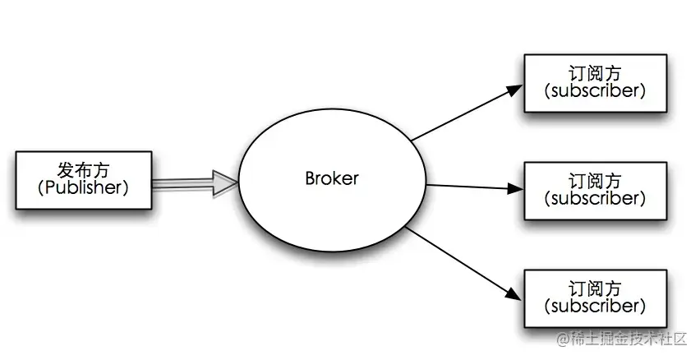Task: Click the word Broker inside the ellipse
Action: pyautogui.click(x=332, y=178)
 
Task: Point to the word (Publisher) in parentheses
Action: pyautogui.click(x=84, y=187)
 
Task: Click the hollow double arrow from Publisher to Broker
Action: pyautogui.click(x=185, y=182)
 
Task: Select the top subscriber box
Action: pyautogui.click(x=594, y=82)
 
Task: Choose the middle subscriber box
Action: pyautogui.click(x=594, y=190)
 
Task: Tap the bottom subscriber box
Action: pyautogui.click(x=594, y=298)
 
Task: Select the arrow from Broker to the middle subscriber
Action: pyautogui.click(x=472, y=187)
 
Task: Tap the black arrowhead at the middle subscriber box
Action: pyautogui.click(x=515, y=189)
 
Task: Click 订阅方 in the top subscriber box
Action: pyautogui.click(x=594, y=73)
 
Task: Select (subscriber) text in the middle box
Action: pyautogui.click(x=594, y=199)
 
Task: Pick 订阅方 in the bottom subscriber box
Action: pyautogui.click(x=594, y=288)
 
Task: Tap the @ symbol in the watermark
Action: pyautogui.click(x=564, y=339)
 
